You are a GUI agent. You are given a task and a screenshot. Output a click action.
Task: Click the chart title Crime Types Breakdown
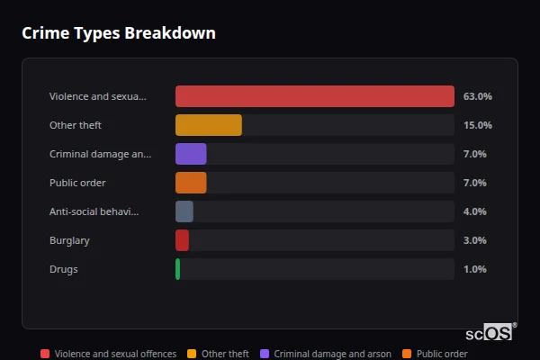(118, 33)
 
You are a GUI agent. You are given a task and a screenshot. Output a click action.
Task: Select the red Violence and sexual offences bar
(314, 96)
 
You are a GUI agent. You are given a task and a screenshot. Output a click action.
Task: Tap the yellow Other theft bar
(208, 125)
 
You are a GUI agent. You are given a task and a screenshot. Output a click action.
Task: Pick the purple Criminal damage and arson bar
(191, 154)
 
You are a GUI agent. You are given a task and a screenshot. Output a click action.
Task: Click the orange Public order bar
(191, 183)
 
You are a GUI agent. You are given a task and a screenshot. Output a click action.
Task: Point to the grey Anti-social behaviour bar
(184, 211)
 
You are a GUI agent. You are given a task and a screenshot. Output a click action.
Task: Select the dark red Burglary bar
(182, 240)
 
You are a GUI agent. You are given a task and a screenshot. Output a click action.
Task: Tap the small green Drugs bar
(178, 269)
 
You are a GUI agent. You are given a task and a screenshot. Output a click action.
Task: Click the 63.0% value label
(477, 96)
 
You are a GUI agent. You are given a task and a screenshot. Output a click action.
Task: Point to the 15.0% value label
(477, 125)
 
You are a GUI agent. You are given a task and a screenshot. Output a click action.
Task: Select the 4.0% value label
(474, 211)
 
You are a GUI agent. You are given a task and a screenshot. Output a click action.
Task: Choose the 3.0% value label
(474, 240)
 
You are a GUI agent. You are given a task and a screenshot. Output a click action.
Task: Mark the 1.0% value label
(474, 269)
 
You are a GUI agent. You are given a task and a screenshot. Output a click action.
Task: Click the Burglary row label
(69, 240)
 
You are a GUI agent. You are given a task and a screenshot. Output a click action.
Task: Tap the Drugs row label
(62, 269)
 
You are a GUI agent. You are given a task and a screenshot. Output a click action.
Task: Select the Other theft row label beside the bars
(75, 125)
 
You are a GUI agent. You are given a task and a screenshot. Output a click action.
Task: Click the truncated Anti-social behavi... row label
(94, 211)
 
